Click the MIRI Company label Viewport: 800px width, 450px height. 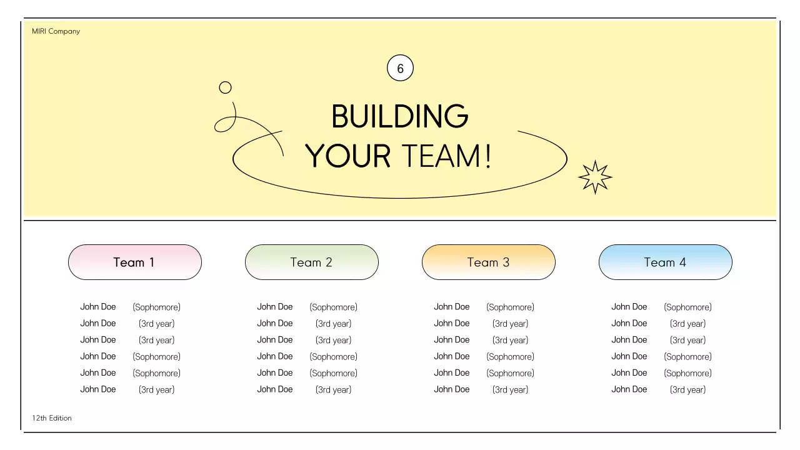[x=56, y=31]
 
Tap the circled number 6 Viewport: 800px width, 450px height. [x=400, y=68]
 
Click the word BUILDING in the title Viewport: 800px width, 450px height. [x=400, y=116]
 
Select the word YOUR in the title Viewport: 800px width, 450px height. [x=347, y=156]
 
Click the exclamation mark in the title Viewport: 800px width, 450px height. [x=489, y=156]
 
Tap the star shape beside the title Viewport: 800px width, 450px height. [x=595, y=177]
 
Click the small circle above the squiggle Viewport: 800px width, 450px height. [x=225, y=87]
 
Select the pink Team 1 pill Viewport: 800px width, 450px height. [x=135, y=262]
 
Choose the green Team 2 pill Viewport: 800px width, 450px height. [x=312, y=262]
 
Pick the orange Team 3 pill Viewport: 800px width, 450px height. [x=489, y=262]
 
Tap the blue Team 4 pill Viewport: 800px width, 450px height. [x=666, y=262]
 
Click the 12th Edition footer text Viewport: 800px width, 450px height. [x=52, y=418]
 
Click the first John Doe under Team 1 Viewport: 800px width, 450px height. [x=98, y=307]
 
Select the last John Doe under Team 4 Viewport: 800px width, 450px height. [x=629, y=389]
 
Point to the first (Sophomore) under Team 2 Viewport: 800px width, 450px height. [x=334, y=307]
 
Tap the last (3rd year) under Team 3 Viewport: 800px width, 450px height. [x=511, y=389]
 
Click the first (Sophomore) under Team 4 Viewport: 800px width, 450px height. [x=688, y=307]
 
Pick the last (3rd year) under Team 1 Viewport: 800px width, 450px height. [x=157, y=389]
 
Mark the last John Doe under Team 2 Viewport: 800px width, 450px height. [x=275, y=389]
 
